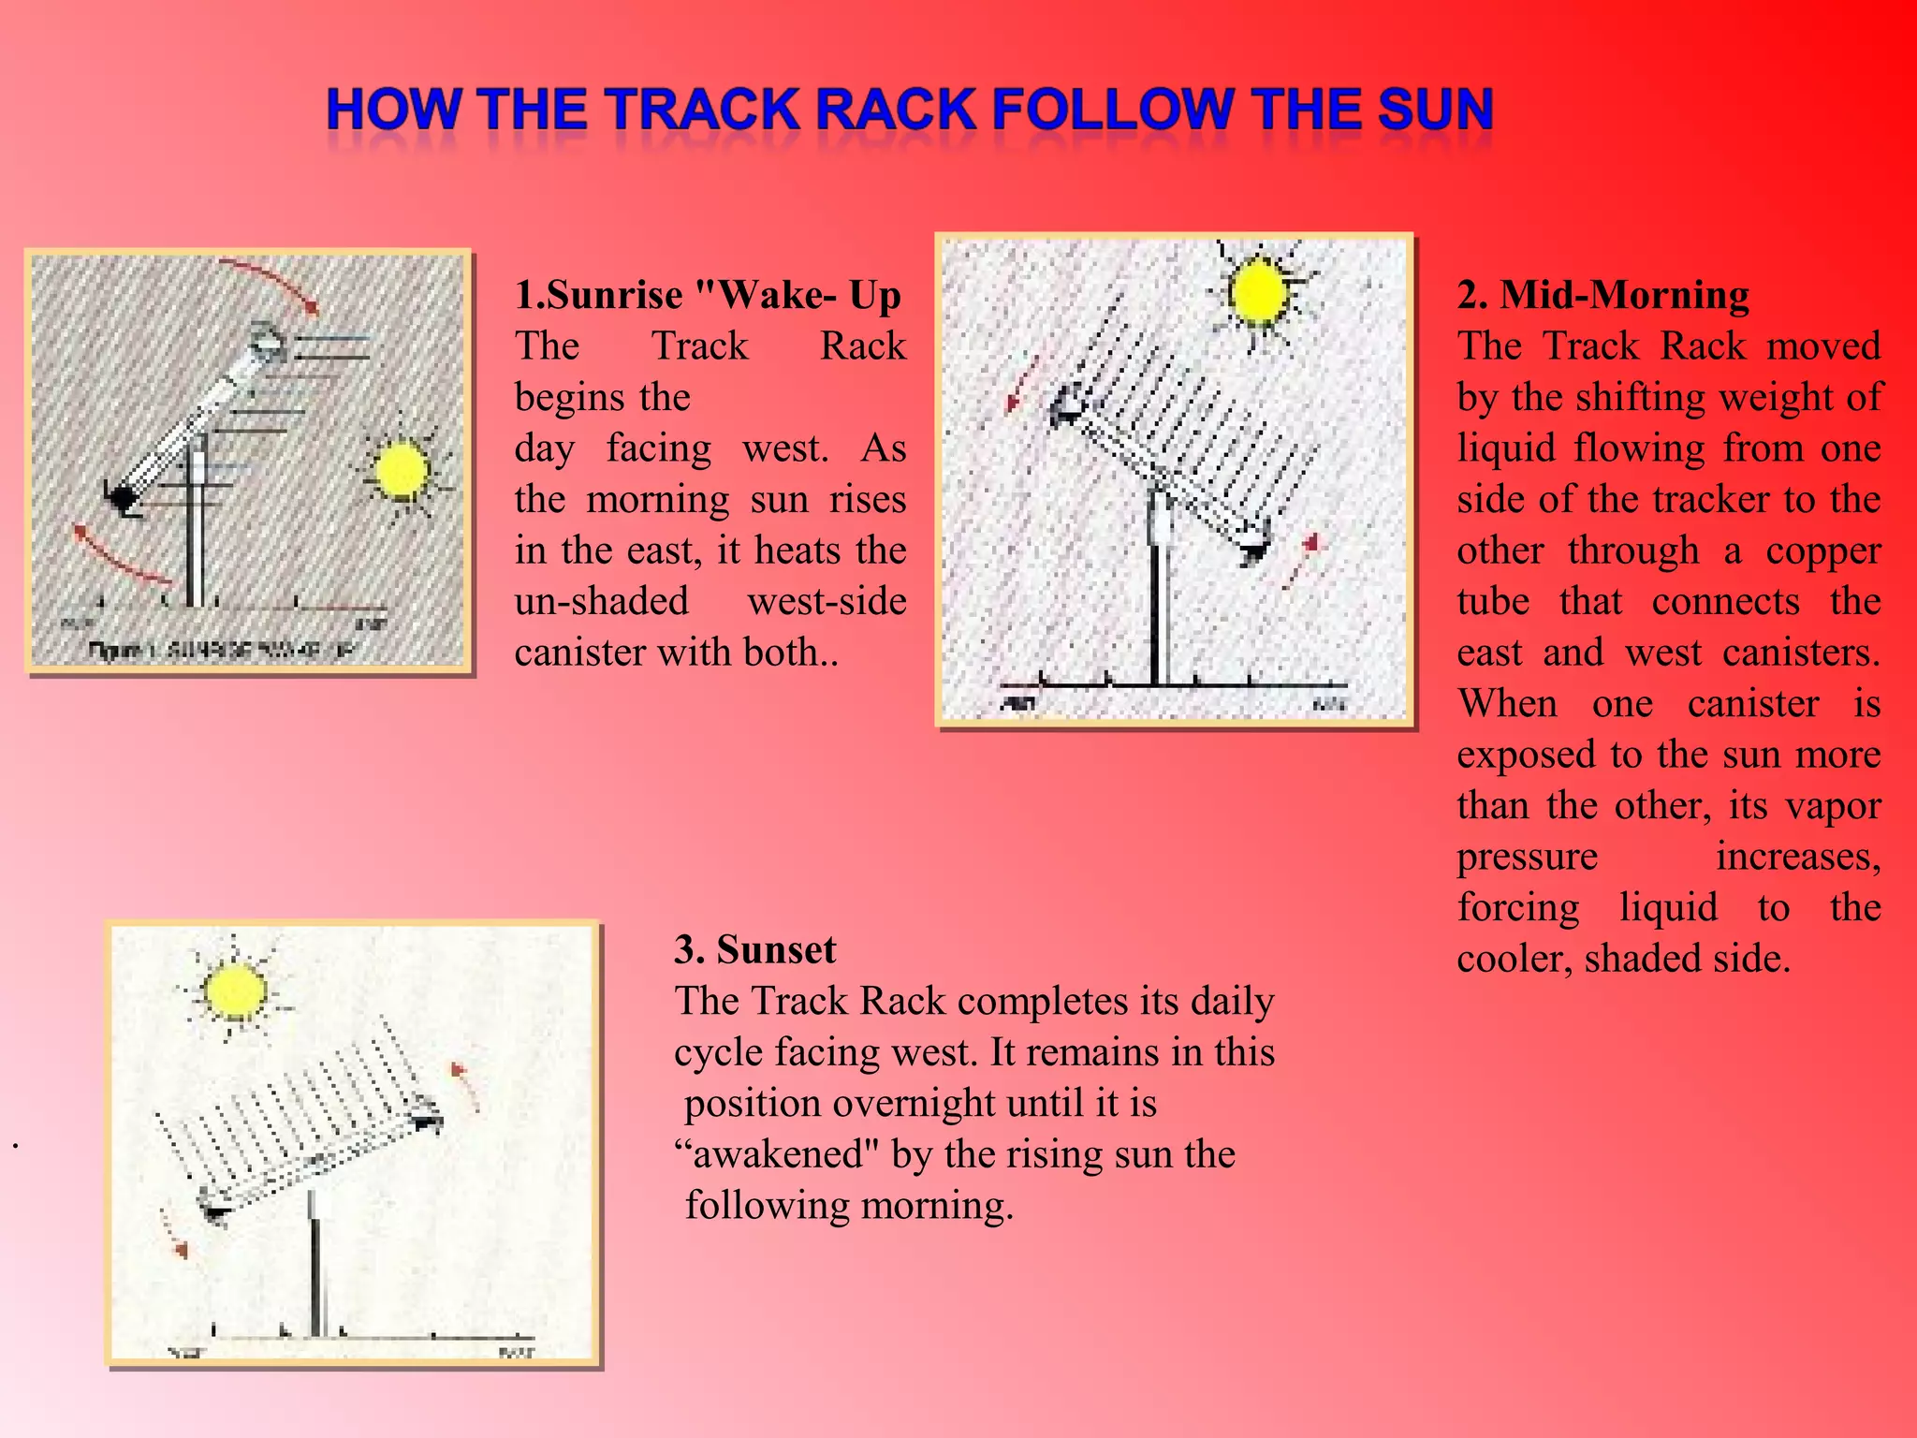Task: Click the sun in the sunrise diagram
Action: click(402, 471)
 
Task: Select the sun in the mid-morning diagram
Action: click(1259, 291)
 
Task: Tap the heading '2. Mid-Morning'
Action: click(1602, 295)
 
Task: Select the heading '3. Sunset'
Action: click(754, 949)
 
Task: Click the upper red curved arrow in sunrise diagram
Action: click(271, 282)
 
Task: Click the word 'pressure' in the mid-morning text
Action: click(1528, 857)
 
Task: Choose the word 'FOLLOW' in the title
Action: click(1113, 110)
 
